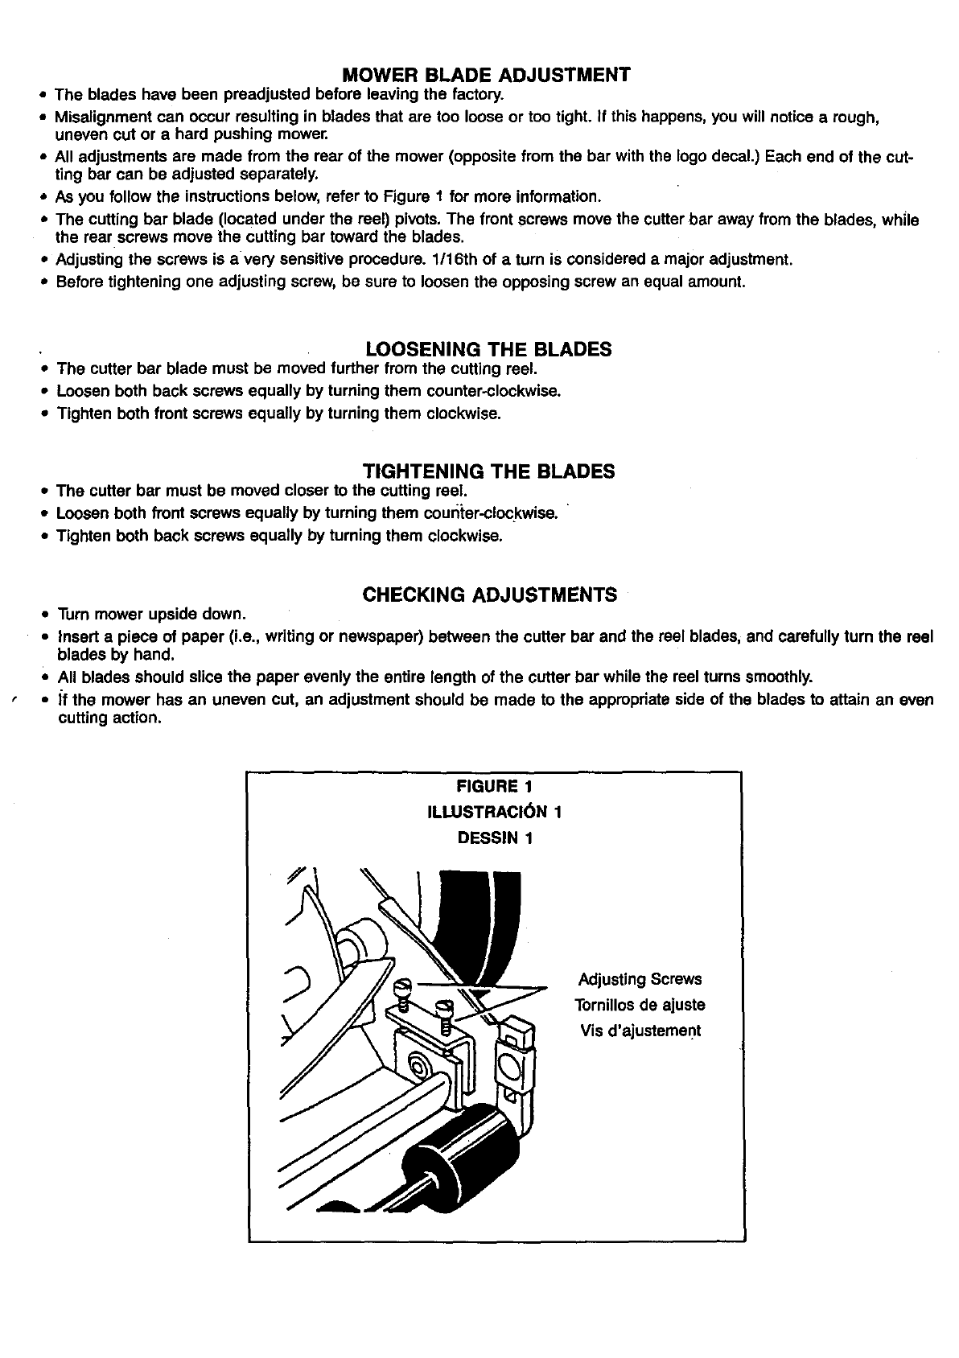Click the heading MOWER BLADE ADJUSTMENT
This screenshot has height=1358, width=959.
[x=485, y=75]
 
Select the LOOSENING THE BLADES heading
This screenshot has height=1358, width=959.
[x=488, y=349]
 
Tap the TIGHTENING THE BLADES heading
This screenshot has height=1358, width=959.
[x=488, y=471]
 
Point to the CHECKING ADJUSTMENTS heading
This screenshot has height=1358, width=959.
[x=489, y=595]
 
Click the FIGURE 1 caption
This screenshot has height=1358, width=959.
[x=493, y=785]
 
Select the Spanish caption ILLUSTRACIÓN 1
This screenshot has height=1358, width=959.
[x=493, y=811]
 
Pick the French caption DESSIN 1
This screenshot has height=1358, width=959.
[x=494, y=837]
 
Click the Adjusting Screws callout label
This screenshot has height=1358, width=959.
[x=640, y=979]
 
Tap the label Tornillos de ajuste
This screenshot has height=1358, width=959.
[x=640, y=1005]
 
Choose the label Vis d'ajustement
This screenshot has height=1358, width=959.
[x=640, y=1031]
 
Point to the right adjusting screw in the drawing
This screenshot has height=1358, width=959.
[x=443, y=1011]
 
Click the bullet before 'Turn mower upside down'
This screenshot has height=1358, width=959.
[x=45, y=615]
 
